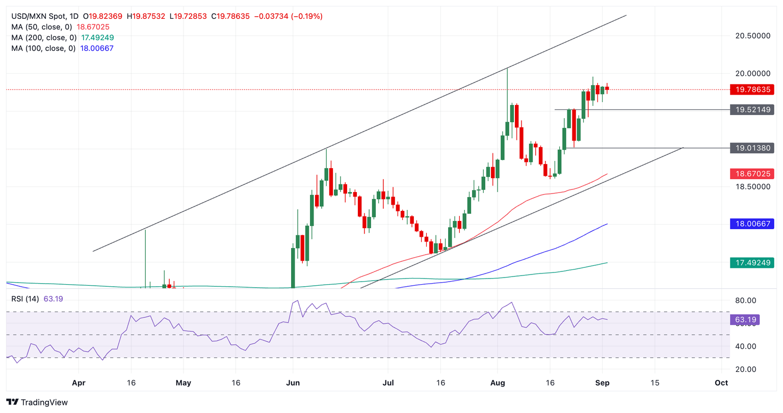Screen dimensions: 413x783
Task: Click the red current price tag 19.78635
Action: pos(751,90)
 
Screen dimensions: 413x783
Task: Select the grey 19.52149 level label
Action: pos(751,109)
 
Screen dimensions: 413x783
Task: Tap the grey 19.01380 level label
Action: pos(751,148)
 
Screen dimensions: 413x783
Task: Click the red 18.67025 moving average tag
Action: pos(751,174)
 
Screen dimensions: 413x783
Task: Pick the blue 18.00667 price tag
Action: pos(751,224)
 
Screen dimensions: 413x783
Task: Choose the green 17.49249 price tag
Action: pos(751,263)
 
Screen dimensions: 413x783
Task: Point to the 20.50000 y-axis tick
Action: pos(752,36)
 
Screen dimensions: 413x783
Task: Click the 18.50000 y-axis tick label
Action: pos(752,187)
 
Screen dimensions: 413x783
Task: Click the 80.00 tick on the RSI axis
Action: pos(745,300)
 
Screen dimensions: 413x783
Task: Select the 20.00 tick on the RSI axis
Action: pos(745,369)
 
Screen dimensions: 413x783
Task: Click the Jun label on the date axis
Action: pos(293,383)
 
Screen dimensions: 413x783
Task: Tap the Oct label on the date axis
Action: pos(721,383)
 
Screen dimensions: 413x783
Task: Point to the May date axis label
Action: pos(183,383)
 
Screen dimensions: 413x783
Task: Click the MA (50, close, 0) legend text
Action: pos(42,27)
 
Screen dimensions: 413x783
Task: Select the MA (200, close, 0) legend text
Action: pos(44,38)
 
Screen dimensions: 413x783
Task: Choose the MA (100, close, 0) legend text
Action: pos(44,48)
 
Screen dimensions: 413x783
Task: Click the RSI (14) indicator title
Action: pos(25,299)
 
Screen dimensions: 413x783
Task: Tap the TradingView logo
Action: pos(37,402)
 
